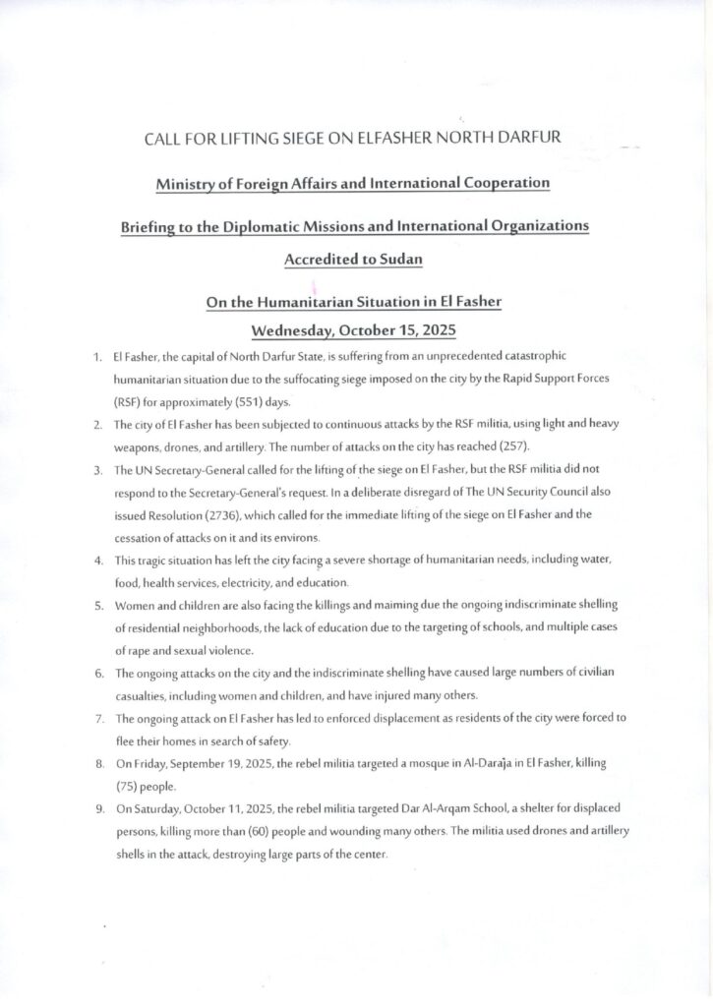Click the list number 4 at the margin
99,560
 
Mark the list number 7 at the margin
99,718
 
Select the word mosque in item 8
389,764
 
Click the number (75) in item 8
130,787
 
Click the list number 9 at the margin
99,808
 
